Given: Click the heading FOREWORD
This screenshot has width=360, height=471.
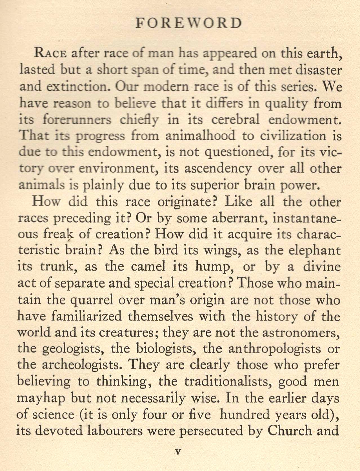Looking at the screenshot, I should click(x=188, y=23).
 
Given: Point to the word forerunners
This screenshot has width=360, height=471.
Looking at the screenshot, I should click(x=77, y=120).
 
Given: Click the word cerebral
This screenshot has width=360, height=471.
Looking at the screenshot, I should click(x=235, y=120).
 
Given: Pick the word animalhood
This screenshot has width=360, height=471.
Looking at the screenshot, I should click(x=200, y=136).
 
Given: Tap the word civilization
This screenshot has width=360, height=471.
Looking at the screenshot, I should click(x=293, y=136).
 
